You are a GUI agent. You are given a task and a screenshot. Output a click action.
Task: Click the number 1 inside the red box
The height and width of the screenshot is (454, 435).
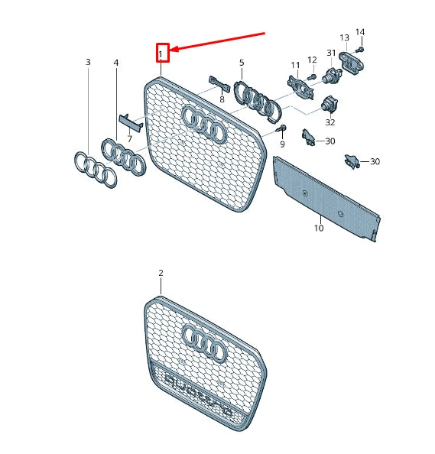pos(161,53)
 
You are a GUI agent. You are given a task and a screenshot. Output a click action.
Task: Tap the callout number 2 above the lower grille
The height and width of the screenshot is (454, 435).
pos(161,273)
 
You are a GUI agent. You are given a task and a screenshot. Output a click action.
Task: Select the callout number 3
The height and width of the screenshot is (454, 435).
pos(88,61)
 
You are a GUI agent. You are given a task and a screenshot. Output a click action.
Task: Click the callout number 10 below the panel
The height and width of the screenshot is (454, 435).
pos(318,228)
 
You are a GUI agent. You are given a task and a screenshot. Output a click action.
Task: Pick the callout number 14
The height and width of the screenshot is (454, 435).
pos(360,32)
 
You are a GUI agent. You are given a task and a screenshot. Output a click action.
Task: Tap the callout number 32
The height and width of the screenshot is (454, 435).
pos(330,122)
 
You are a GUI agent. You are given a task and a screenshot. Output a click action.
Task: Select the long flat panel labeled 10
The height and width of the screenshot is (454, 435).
pos(325,197)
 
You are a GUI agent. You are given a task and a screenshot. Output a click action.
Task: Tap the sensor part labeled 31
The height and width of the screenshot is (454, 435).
pos(332,75)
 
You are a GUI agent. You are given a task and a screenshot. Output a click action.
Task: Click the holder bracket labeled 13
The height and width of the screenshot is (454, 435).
pos(352,60)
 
